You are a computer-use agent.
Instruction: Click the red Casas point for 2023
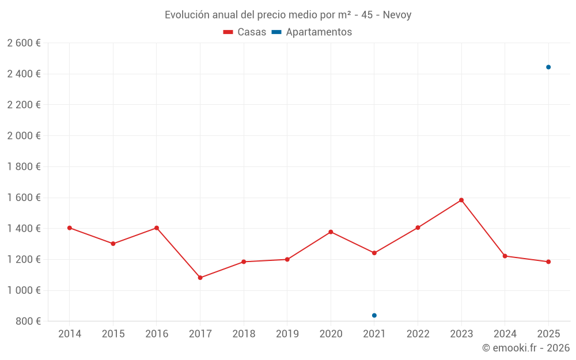click(x=461, y=200)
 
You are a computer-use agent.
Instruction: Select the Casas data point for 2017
click(x=200, y=278)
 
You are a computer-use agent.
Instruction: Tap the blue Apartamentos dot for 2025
click(x=548, y=67)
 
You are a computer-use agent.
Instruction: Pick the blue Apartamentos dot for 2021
click(x=374, y=315)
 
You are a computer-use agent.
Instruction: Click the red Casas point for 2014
click(x=70, y=228)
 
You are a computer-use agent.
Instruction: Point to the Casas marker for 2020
click(x=331, y=232)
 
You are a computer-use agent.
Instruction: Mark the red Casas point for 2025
click(x=548, y=262)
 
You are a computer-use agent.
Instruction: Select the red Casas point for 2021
click(x=374, y=253)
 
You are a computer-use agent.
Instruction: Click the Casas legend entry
click(x=245, y=32)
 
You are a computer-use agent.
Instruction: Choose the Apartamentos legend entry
click(x=312, y=32)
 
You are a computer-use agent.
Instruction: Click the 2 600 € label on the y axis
click(x=24, y=43)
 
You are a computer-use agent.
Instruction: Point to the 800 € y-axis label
click(x=28, y=321)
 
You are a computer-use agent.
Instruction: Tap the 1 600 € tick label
click(x=24, y=198)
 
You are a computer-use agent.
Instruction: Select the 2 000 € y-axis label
click(x=24, y=136)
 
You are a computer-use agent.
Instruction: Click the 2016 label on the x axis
click(x=157, y=334)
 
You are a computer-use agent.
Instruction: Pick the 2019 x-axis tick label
click(x=287, y=334)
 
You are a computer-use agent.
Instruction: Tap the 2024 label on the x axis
click(x=505, y=334)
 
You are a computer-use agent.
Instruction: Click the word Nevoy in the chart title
click(x=397, y=15)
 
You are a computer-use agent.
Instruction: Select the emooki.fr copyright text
click(x=526, y=348)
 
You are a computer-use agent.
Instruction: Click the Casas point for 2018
click(x=244, y=262)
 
